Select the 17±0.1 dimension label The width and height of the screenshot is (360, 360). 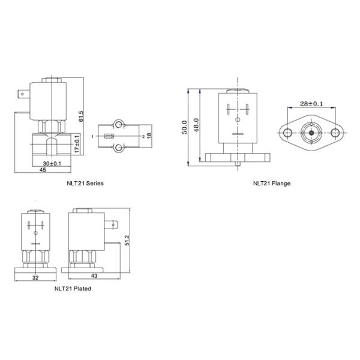pyautogui.click(x=77, y=145)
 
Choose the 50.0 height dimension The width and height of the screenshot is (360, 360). pyautogui.click(x=185, y=128)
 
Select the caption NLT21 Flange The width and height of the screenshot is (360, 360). pyautogui.click(x=271, y=183)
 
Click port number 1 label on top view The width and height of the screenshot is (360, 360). pyautogui.click(x=93, y=137)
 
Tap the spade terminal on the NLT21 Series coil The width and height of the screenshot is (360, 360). pyautogui.click(x=23, y=94)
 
